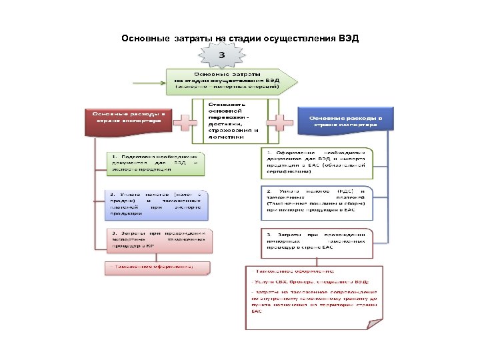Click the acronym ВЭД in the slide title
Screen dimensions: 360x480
(x=348, y=38)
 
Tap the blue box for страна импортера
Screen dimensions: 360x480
(x=346, y=121)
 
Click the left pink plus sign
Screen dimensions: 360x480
(x=185, y=123)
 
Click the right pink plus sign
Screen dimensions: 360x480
(x=280, y=122)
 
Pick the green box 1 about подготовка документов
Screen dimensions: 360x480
(x=157, y=163)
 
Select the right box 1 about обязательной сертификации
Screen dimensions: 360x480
(x=315, y=161)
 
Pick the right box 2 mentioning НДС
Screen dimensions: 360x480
(x=315, y=201)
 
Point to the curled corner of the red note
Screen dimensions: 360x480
(x=377, y=321)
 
